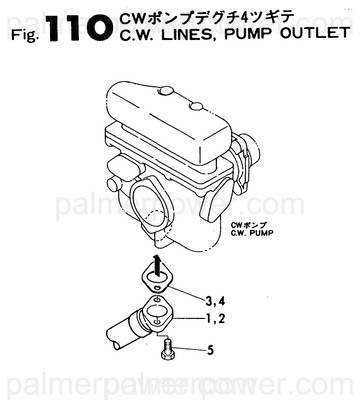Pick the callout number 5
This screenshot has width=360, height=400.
(211, 351)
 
